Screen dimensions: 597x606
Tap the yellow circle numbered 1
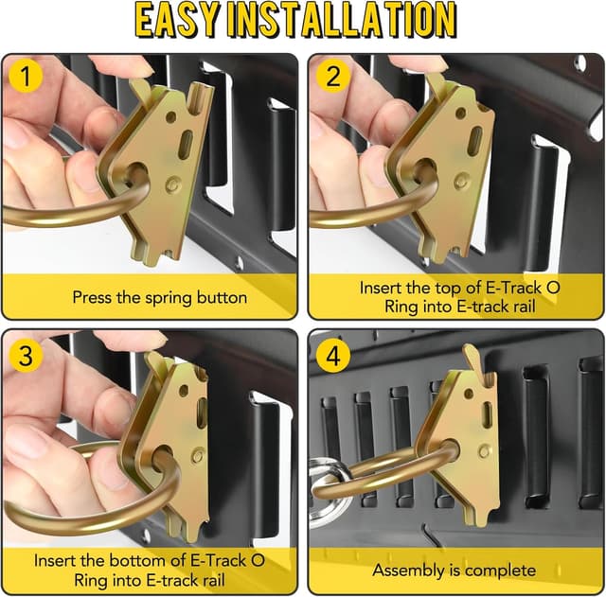click(x=27, y=77)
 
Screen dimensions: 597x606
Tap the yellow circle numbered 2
click(x=332, y=77)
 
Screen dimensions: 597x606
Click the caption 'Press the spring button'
click(x=160, y=297)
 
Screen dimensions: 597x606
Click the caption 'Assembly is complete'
click(x=454, y=570)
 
